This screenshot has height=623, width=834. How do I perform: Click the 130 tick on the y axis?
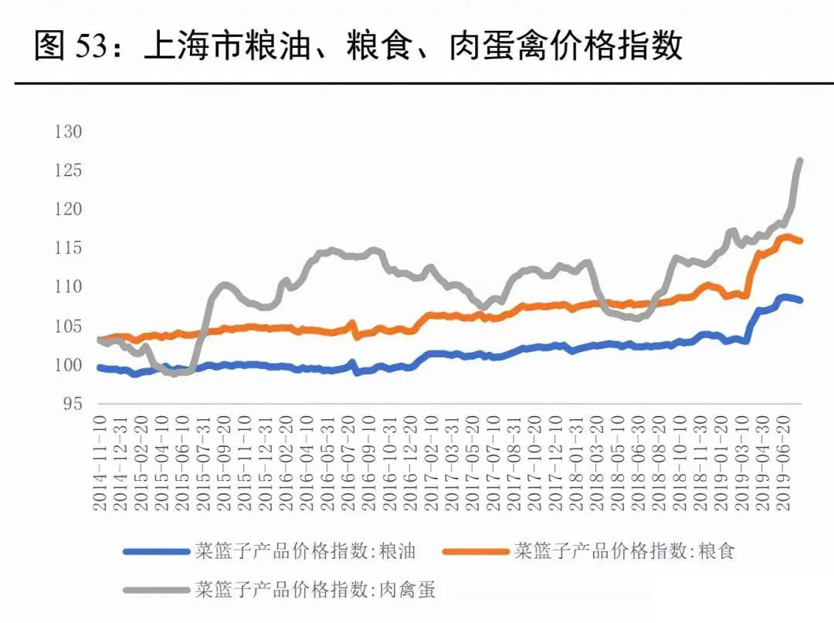68,132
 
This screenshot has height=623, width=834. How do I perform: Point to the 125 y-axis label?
68,171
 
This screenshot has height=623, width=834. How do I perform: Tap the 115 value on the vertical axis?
68,249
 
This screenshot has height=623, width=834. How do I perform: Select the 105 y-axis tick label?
68,327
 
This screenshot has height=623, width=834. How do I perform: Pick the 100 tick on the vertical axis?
68,365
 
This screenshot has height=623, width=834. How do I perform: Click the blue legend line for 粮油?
157,552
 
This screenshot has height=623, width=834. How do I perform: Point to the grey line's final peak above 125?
800,161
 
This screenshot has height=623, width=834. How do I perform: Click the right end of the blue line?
801,300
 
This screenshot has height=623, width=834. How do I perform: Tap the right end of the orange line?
801,242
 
